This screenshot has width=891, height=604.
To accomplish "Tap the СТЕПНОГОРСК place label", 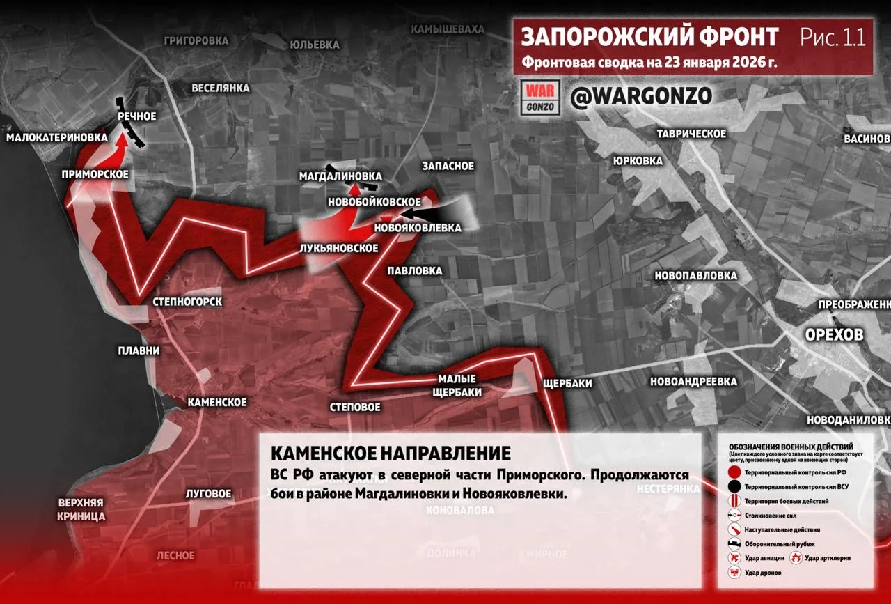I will tap(187, 302).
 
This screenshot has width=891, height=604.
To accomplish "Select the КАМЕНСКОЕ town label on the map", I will tap(216, 403).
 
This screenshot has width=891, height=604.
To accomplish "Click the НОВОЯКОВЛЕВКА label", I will tap(417, 228).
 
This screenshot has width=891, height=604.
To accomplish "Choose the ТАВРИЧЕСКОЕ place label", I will tap(692, 134).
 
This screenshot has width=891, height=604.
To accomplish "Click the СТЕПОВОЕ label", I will tap(355, 407).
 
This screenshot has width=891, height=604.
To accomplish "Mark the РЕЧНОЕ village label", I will tap(136, 116).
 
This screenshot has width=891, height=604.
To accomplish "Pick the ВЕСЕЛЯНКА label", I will tap(221, 88).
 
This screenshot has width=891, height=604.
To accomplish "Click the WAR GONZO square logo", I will tap(540, 98).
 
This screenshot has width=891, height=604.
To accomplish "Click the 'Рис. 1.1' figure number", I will tap(833, 37).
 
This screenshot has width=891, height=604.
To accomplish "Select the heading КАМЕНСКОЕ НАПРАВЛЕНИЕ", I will tap(390, 454).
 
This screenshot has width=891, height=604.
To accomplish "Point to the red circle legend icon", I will tap(734, 472).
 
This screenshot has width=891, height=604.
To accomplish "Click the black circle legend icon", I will tap(734, 487).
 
